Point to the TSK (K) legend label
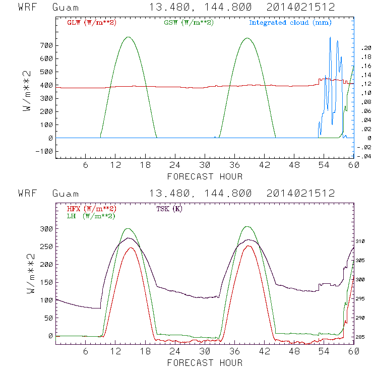[168, 208]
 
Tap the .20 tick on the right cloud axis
[365, 47]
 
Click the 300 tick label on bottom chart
[45, 229]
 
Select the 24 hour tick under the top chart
[174, 165]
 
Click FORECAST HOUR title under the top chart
[204, 176]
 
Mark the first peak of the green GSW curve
[128, 37]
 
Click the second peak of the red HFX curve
[248, 246]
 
